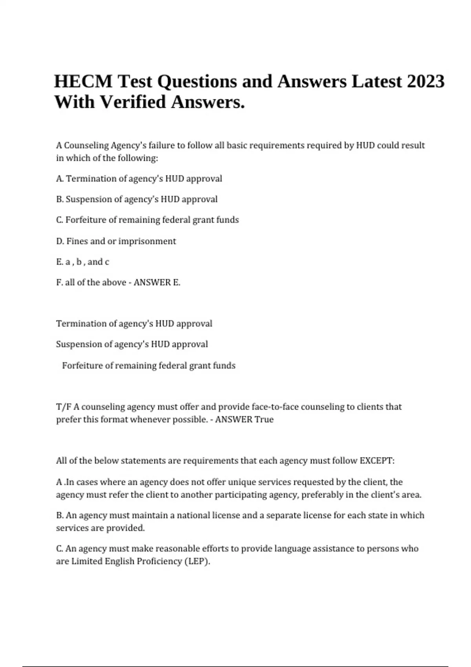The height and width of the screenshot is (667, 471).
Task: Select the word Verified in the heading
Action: (x=133, y=102)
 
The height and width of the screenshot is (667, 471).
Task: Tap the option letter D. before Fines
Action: (x=60, y=241)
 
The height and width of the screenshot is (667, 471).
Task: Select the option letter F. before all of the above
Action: (x=59, y=282)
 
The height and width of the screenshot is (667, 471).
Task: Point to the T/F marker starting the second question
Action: (x=64, y=407)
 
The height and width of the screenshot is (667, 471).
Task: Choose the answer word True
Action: (x=264, y=419)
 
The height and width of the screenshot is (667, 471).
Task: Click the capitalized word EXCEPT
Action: (x=377, y=461)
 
